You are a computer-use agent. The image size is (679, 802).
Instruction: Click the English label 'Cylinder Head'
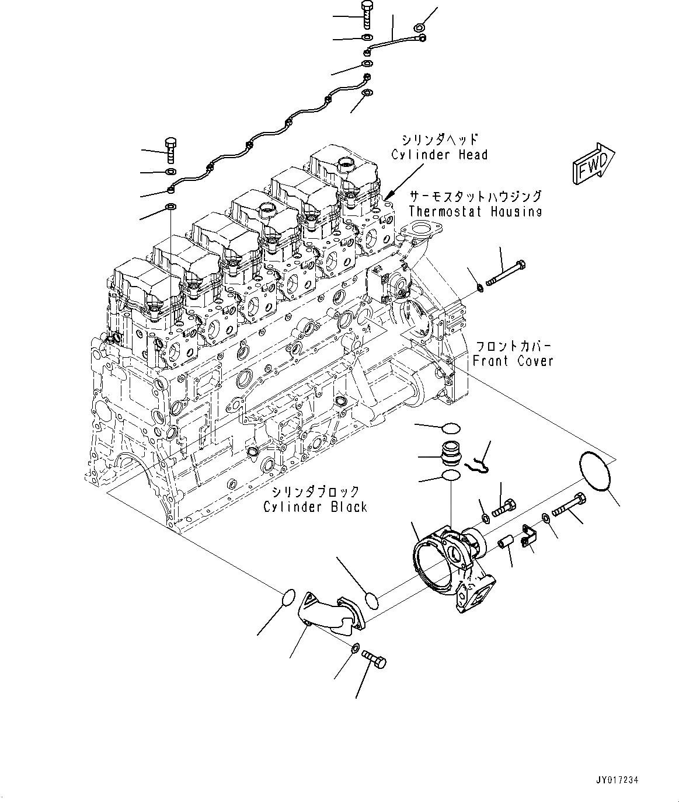point(439,155)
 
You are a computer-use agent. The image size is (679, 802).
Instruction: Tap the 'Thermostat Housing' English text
point(475,211)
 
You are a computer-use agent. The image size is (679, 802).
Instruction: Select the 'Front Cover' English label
point(513,361)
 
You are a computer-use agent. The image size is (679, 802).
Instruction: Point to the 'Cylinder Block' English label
point(315,507)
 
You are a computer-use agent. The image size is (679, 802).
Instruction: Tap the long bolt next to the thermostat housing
point(505,273)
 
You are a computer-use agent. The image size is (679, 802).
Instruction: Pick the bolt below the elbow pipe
point(374,659)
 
